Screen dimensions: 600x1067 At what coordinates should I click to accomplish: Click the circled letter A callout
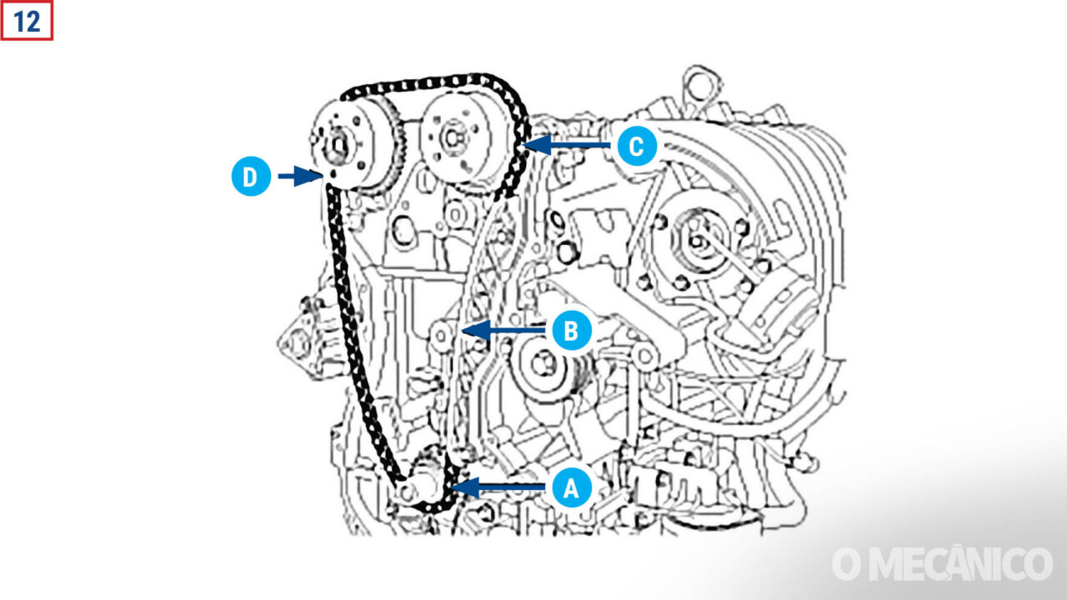(x=571, y=487)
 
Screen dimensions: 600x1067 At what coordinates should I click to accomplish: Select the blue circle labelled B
(x=571, y=331)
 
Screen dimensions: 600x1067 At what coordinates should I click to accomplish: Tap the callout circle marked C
(x=636, y=146)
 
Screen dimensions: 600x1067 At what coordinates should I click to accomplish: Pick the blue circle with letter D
(x=251, y=177)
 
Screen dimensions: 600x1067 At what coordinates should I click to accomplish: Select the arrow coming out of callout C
(x=570, y=145)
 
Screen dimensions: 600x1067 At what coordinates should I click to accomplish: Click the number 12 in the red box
(x=27, y=21)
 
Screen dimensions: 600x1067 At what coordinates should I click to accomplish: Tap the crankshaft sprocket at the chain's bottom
(x=427, y=487)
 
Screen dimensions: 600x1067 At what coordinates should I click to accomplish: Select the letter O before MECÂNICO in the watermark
(x=846, y=564)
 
